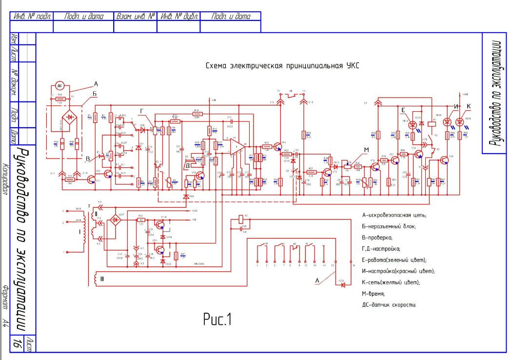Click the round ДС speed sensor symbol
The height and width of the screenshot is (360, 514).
pos(59,85)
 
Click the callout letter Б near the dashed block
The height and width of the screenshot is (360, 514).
pos(95,93)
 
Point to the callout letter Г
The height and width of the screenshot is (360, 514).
pos(141,112)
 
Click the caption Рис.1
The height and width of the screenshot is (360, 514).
pos(218,320)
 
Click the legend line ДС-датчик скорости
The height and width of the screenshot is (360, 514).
pos(389,305)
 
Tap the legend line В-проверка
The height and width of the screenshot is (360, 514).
pos(377,237)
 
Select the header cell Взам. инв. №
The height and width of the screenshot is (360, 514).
pos(135,16)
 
